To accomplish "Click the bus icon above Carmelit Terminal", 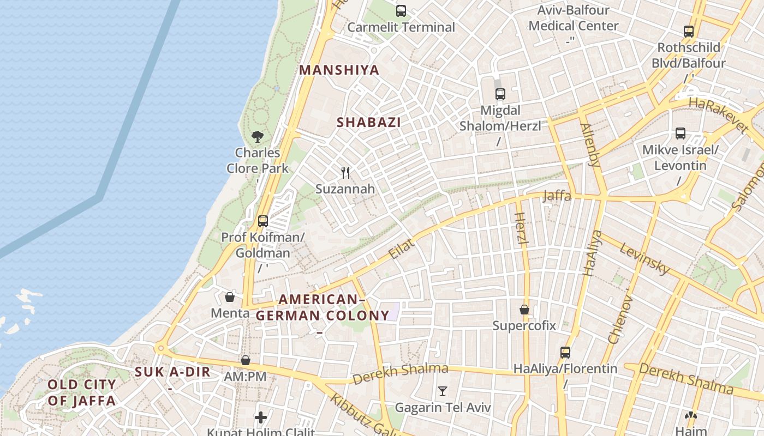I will [401, 11].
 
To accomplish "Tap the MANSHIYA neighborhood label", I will [339, 70].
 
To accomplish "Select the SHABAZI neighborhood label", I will [369, 123].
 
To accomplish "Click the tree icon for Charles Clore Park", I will [258, 137].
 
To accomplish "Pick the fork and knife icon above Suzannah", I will [345, 173].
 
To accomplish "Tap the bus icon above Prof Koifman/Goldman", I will [262, 221].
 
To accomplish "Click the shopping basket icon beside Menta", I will [230, 297].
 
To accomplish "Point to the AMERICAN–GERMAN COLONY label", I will [322, 307].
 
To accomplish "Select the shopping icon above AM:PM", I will [245, 360].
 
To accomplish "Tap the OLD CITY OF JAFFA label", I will [82, 393].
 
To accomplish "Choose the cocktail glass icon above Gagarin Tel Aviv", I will [443, 391].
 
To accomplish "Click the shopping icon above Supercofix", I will [524, 310].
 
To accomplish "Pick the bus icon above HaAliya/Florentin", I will [565, 353].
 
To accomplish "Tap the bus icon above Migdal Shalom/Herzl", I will [500, 94].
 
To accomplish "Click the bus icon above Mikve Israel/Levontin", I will [681, 134].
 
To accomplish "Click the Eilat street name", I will [401, 249].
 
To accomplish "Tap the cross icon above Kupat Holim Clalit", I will [261, 418].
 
